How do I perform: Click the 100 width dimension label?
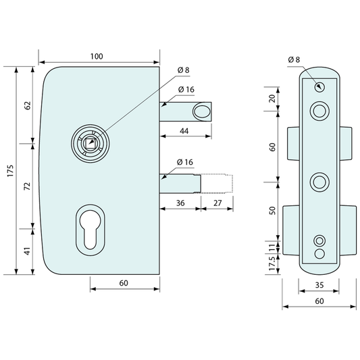pyautogui.click(x=97, y=57)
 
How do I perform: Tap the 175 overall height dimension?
pyautogui.click(x=11, y=171)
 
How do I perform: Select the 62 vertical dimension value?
pyautogui.click(x=27, y=105)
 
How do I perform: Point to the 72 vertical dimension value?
pyautogui.click(x=27, y=186)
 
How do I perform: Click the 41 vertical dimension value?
pyautogui.click(x=27, y=251)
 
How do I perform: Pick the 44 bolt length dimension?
pyautogui.click(x=184, y=131)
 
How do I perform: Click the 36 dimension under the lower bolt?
pyautogui.click(x=180, y=203)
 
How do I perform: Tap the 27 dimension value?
pyautogui.click(x=217, y=203)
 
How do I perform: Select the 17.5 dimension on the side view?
pyautogui.click(x=272, y=263)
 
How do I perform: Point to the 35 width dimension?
pyautogui.click(x=319, y=285)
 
